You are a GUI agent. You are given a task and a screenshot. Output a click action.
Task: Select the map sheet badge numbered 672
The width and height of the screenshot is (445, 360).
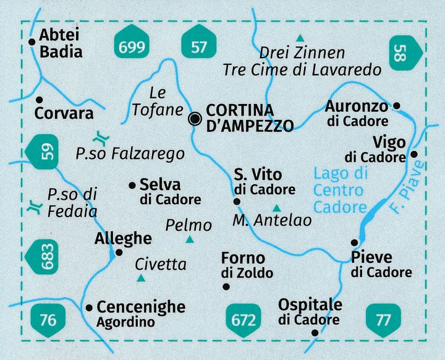[x=243, y=319]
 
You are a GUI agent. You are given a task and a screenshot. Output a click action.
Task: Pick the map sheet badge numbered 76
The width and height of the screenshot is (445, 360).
[x=47, y=319]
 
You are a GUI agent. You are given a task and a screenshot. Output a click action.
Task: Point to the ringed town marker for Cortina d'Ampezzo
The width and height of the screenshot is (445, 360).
[x=195, y=119]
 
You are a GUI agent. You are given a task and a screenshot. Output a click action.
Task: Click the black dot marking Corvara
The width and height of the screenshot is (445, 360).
[x=39, y=99]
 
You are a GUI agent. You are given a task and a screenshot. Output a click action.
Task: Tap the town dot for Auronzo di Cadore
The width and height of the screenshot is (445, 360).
[x=397, y=106]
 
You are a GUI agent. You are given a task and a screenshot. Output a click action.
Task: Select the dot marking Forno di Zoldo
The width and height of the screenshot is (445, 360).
[x=226, y=286]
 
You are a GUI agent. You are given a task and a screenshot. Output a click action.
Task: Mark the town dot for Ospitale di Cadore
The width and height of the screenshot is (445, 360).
[x=315, y=332]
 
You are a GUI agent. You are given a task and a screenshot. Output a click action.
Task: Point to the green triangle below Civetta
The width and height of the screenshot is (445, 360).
[x=141, y=278]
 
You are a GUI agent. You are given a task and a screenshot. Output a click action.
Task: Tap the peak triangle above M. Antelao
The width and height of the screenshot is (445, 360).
[x=276, y=208]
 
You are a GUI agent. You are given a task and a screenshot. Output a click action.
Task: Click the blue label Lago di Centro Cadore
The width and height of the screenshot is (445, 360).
[x=340, y=189]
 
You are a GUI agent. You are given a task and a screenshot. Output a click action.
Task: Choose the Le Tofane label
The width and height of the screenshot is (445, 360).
[x=158, y=102]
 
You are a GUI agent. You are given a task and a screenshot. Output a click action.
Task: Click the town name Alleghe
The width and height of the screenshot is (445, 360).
[x=123, y=238]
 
